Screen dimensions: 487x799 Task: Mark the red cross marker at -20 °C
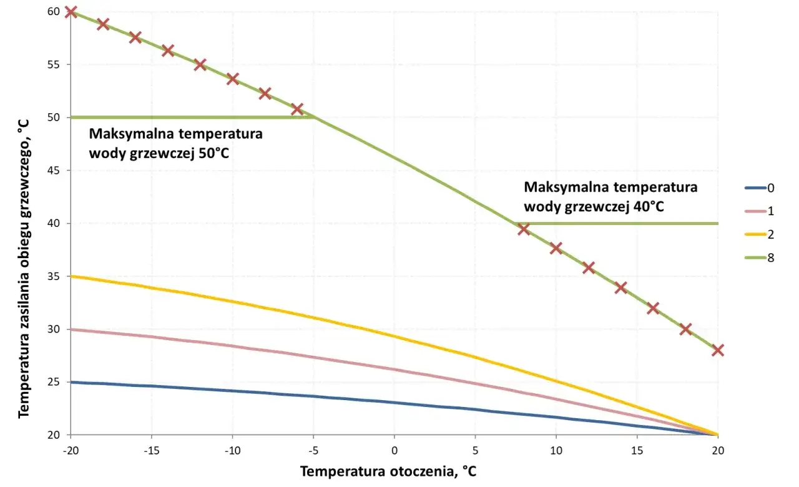[x=71, y=12]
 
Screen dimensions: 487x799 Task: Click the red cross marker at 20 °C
[x=717, y=350]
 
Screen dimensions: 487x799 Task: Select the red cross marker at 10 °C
[x=556, y=248]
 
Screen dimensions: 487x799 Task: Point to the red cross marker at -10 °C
[x=232, y=79]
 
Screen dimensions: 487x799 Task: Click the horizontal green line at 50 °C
[x=187, y=117]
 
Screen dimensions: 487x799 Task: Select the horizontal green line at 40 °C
[x=624, y=223]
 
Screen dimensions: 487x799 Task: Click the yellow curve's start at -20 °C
[x=71, y=276]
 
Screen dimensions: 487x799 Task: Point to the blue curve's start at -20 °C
[x=71, y=382]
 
